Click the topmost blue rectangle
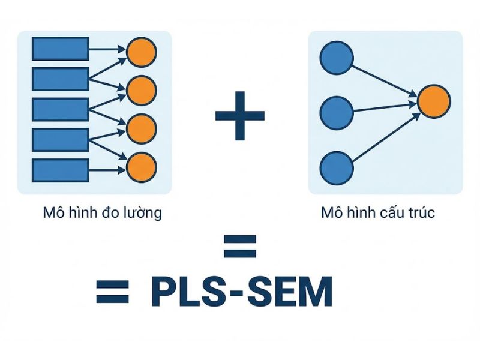60,49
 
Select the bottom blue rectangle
60,169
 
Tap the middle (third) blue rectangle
60,109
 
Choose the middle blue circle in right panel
335,111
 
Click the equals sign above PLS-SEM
239,246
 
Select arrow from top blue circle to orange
384,77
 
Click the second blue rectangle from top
60,79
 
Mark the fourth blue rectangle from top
60,139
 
